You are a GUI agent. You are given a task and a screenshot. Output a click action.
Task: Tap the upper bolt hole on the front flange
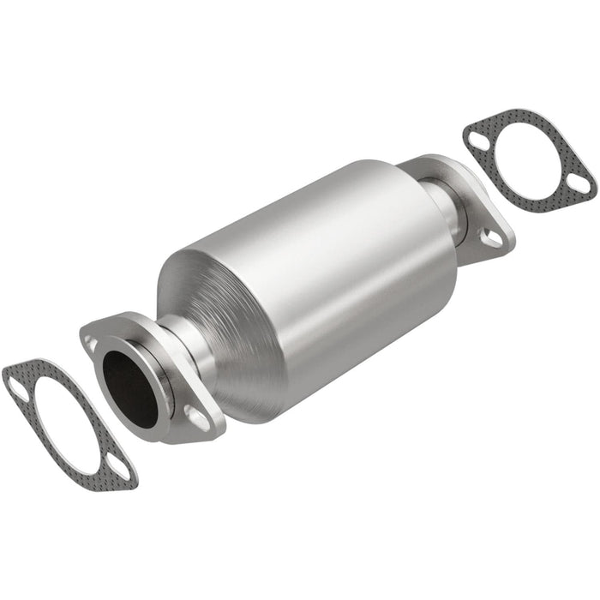pos(91,344)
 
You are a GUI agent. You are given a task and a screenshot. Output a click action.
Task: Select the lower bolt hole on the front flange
pos(196,417)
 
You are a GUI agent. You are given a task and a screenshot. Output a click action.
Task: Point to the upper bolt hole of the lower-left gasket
pos(18,390)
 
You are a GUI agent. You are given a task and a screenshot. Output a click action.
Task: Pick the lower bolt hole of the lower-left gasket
pos(119,469)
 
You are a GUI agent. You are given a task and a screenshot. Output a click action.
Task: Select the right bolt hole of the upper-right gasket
pos(580,183)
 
